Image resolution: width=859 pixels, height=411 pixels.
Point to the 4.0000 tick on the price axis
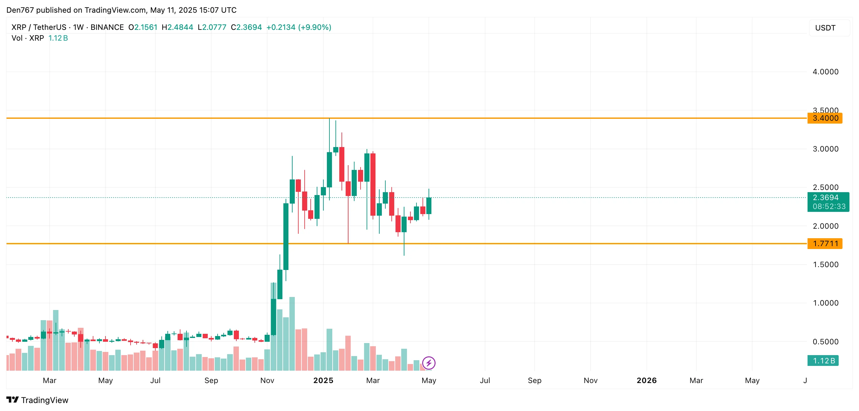tap(825, 72)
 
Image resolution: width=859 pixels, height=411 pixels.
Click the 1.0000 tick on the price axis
tap(825, 303)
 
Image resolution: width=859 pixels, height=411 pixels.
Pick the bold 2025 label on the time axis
tap(323, 380)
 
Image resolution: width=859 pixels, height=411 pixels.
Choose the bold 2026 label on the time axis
tap(646, 380)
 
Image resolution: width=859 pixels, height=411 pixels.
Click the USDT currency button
tap(825, 28)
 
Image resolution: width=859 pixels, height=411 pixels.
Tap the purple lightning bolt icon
tap(429, 363)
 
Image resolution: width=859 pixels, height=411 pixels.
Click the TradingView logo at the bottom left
tap(37, 400)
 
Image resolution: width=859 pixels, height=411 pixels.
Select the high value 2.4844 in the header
tap(180, 27)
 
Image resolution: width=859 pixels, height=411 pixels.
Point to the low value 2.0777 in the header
tap(214, 27)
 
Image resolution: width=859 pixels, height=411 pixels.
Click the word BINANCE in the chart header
tap(107, 27)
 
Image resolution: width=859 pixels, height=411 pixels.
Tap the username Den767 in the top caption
tap(20, 10)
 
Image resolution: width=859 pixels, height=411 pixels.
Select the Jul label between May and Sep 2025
tap(484, 380)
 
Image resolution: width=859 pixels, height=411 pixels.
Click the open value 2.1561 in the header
tap(146, 27)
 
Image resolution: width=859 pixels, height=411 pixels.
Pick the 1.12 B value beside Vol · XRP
tap(58, 38)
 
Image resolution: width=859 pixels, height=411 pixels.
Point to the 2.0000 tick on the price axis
tap(825, 226)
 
